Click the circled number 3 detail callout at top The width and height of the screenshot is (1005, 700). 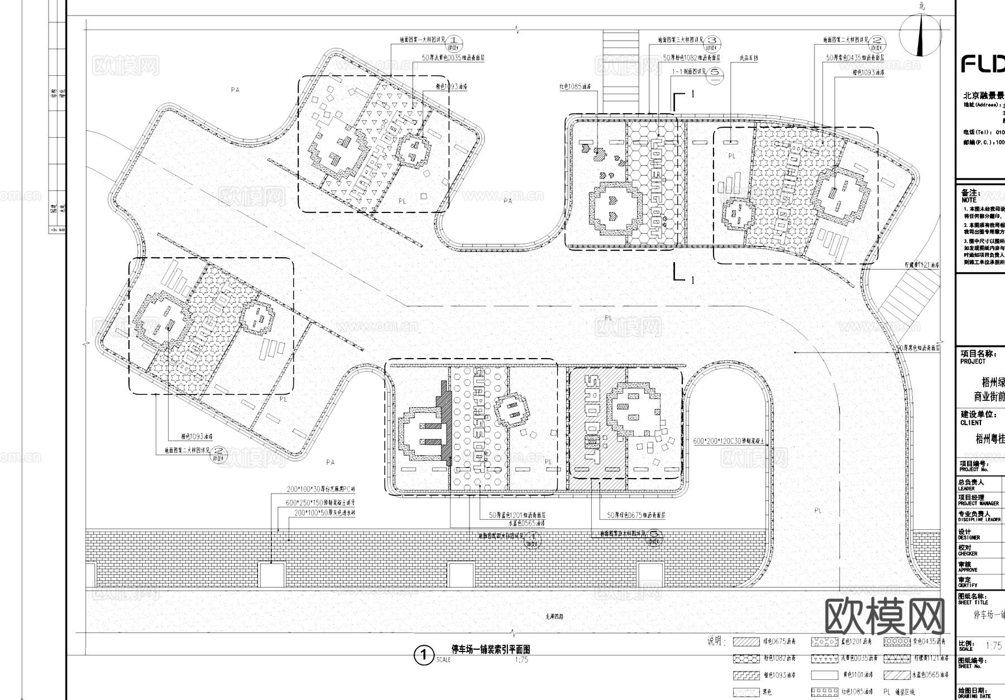pos(712,41)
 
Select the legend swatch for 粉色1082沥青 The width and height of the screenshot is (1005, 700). pos(746,659)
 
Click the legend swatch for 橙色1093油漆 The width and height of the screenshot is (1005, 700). pos(746,675)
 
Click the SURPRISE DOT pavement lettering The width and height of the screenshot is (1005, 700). pos(479,418)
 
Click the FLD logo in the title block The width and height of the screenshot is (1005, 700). pos(982,64)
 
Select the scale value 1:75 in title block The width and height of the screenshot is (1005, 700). pos(993,646)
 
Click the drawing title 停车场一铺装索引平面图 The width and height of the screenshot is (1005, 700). pos(490,649)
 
